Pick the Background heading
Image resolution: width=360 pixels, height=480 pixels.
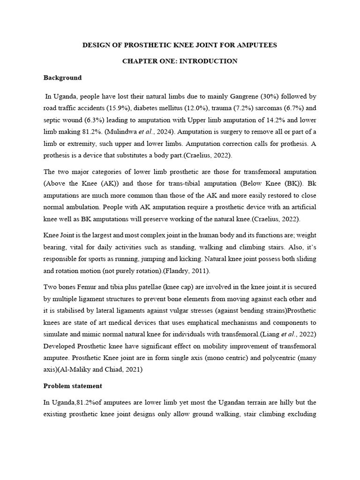click(62, 78)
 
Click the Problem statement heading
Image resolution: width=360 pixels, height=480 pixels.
click(73, 386)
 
